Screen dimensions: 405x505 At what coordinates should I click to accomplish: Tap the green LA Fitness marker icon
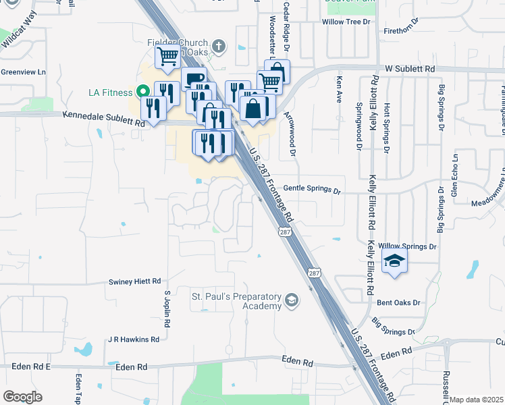point(142,91)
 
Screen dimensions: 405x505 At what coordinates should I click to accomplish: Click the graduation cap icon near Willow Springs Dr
point(394,260)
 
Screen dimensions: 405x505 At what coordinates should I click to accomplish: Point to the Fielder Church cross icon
point(217,46)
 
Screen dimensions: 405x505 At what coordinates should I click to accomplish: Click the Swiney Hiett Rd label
point(135,281)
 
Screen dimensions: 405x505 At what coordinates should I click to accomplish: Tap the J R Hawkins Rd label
point(133,340)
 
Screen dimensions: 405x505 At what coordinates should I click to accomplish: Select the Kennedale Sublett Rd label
point(104,119)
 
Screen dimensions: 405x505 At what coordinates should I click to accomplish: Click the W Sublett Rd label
point(410,69)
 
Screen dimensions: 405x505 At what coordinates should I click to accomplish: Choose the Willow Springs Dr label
point(408,247)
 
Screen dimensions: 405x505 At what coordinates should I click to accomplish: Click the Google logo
point(22,397)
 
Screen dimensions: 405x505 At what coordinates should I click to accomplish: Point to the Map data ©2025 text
point(476,400)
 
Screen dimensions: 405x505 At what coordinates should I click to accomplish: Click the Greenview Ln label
point(23,72)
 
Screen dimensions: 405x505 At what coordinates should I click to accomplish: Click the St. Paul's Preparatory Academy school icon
point(291,300)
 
